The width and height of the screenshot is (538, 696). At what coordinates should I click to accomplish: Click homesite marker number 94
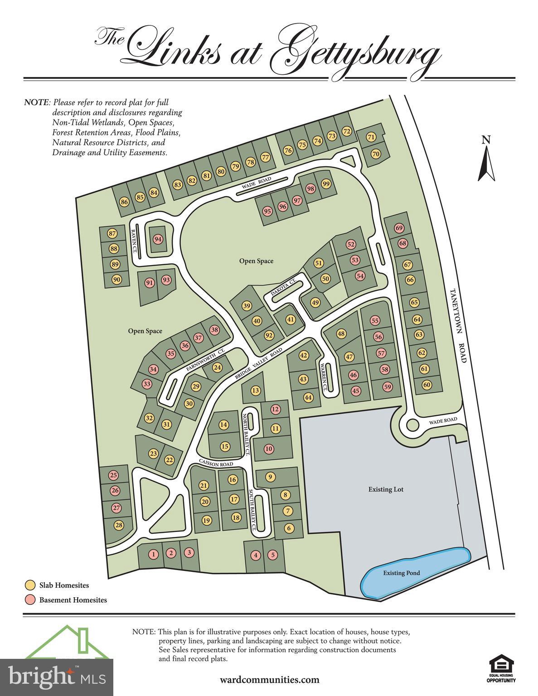158,239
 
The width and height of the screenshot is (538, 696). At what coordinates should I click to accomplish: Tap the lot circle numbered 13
256,390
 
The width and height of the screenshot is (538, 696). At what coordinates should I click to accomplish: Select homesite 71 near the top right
371,137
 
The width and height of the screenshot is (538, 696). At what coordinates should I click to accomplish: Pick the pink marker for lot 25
113,475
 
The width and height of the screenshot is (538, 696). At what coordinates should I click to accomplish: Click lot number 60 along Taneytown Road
427,385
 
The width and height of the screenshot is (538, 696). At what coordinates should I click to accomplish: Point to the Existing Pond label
401,573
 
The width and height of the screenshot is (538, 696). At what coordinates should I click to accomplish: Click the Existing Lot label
386,489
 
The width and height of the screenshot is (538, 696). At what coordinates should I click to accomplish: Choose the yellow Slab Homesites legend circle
30,585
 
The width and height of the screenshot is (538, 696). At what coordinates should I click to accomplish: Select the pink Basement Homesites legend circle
30,599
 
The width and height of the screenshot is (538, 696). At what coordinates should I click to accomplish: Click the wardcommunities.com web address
269,680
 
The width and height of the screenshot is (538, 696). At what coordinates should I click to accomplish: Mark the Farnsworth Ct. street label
205,360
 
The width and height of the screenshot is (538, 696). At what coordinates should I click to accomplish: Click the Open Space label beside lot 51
257,261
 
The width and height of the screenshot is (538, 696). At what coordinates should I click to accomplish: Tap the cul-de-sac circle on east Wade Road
412,425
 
